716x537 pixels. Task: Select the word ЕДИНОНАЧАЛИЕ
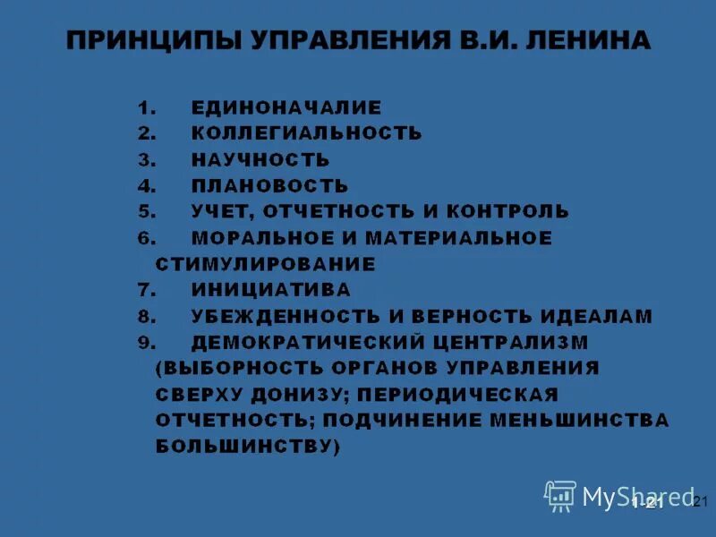click(286, 107)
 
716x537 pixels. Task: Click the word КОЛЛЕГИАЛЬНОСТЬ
click(306, 133)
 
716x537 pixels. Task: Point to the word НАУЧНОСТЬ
click(260, 160)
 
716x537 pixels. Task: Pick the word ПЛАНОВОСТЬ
click(269, 186)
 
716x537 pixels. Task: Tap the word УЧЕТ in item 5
click(220, 212)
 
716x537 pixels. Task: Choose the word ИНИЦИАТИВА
click(270, 290)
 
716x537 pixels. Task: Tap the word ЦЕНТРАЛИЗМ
click(511, 343)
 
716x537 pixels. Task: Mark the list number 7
click(146, 291)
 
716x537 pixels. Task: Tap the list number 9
click(146, 343)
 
